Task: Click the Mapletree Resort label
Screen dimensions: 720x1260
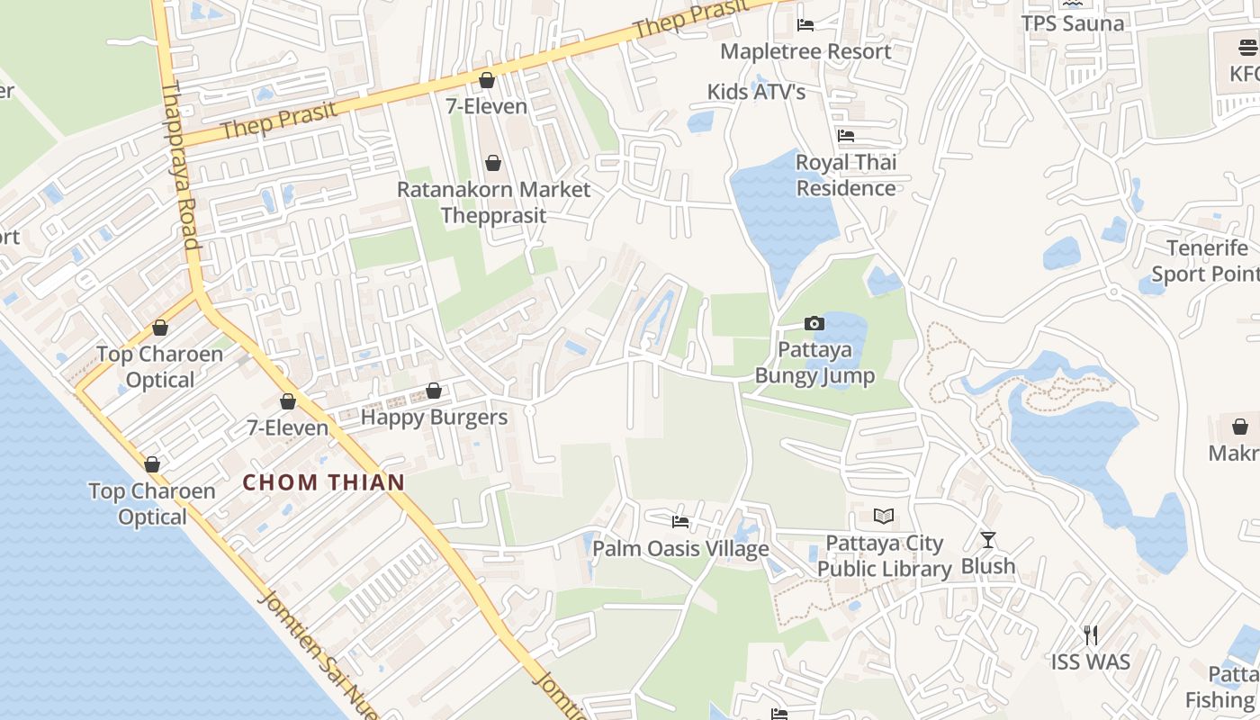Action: pos(805,51)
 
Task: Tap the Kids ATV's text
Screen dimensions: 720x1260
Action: pos(756,92)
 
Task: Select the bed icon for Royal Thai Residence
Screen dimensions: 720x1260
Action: pos(846,136)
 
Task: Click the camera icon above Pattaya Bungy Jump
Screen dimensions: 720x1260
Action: pos(814,323)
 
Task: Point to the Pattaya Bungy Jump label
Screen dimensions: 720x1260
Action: pos(814,363)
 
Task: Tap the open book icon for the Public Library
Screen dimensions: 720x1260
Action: pos(885,517)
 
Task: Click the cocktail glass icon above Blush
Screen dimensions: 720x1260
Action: pos(988,540)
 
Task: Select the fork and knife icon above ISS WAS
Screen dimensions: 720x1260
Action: pos(1091,635)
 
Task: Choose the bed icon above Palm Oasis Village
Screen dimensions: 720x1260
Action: pos(680,522)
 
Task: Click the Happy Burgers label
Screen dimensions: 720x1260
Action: pos(434,418)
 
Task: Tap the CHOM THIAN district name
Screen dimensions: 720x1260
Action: pos(324,482)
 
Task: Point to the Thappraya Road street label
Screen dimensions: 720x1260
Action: pos(179,166)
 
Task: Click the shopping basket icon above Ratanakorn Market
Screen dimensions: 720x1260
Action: pos(493,163)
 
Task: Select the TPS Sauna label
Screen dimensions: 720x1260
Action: pos(1073,23)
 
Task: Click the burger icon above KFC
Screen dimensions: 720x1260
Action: pos(1248,48)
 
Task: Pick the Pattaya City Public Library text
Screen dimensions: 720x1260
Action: pos(885,556)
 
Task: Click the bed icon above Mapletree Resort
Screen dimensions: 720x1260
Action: pos(805,25)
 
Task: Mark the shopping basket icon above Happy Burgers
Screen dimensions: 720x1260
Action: pos(434,391)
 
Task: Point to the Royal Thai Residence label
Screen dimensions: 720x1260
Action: pos(846,175)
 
